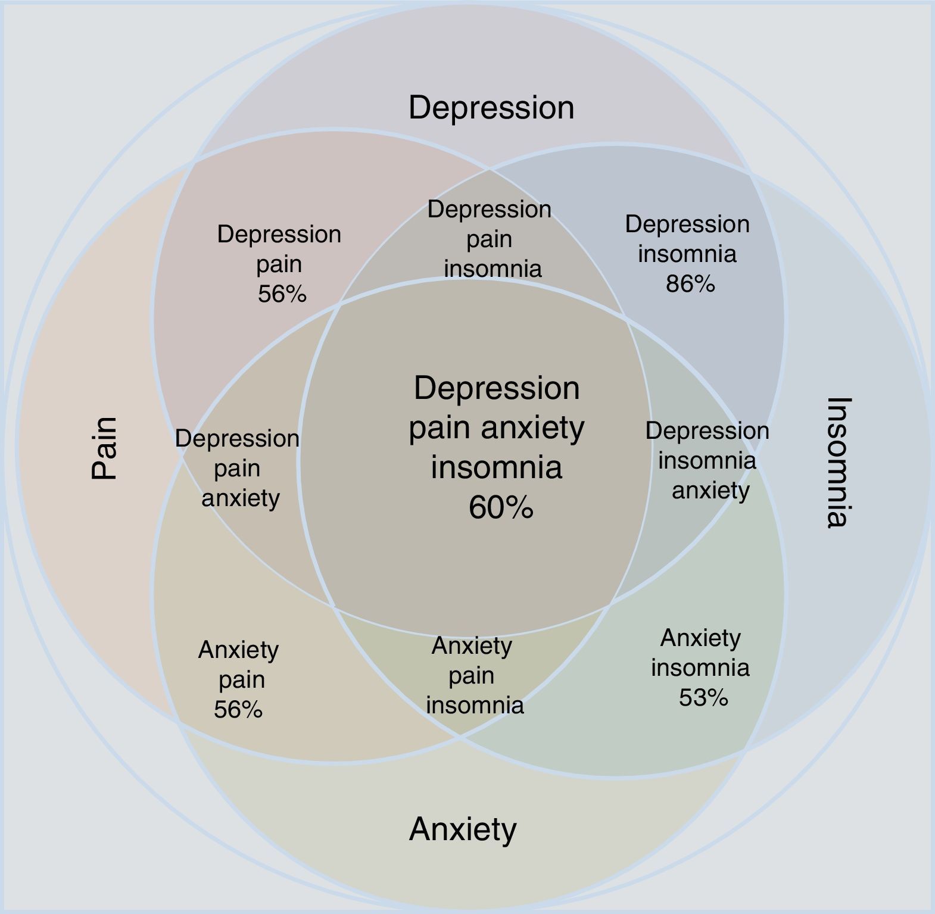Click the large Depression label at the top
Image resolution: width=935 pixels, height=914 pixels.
491,108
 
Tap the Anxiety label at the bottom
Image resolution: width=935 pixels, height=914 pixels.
463,829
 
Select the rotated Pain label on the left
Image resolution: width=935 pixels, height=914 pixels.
104,448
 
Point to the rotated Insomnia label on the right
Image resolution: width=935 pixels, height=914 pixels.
840,462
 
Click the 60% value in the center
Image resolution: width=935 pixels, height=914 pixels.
500,508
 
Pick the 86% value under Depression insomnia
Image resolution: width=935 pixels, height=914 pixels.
690,284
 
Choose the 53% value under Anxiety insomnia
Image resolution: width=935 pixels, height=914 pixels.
703,697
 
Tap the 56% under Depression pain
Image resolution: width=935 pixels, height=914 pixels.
282,294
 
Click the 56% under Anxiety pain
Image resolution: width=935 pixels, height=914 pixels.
238,709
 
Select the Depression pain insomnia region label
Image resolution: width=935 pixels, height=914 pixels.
490,239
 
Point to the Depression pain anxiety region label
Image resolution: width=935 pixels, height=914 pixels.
238,468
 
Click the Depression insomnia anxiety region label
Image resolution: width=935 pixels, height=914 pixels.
708,460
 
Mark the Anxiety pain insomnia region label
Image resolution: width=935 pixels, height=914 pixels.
473,675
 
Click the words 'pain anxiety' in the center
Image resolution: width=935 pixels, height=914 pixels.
497,428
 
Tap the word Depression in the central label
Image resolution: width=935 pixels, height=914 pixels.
497,388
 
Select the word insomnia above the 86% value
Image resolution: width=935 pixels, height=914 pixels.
687,254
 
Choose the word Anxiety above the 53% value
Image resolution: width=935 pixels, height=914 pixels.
700,638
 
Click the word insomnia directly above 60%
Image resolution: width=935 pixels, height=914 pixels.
497,467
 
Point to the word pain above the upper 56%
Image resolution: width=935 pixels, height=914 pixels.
279,264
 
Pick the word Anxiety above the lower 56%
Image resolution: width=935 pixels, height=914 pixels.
238,650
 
